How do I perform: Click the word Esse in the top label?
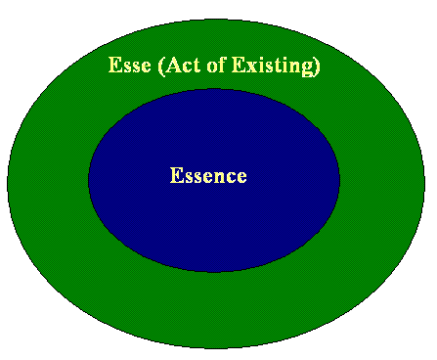pos(130,65)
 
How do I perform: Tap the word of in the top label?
pos(216,65)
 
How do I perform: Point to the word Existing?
pos(273,66)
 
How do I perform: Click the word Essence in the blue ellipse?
pos(208,175)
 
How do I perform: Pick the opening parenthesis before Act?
pos(160,67)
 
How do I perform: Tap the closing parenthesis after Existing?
pos(317,67)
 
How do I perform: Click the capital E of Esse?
pos(114,65)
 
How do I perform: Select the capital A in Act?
pos(173,65)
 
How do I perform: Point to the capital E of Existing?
pos(239,65)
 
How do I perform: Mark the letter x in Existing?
pos(251,67)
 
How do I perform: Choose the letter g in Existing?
pos(307,69)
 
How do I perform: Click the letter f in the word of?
pos(221,65)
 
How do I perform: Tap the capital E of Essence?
pos(176,175)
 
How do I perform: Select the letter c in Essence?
pos(232,178)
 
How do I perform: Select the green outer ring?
pos(49,183)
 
